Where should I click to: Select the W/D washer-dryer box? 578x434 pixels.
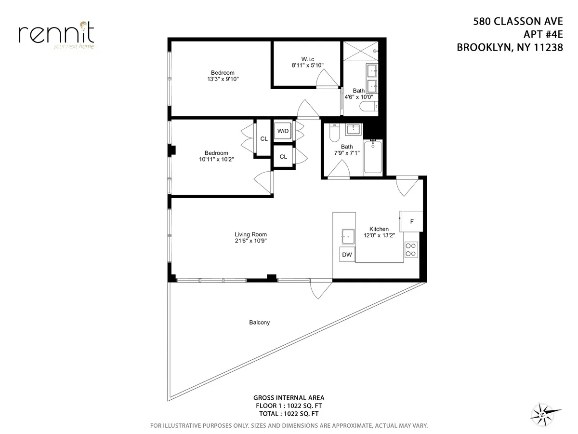283,131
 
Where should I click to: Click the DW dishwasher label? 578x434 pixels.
347,255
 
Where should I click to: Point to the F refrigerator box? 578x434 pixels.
411,222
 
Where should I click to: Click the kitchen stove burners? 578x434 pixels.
411,249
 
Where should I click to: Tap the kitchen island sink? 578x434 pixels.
347,236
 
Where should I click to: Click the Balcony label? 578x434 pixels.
259,323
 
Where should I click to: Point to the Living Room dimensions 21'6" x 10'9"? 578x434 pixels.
248,241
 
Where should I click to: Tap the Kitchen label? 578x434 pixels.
379,229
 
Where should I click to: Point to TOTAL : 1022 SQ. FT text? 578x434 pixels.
289,413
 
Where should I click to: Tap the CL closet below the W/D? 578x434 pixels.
283,157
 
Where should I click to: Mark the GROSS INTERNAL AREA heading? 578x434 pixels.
289,398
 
